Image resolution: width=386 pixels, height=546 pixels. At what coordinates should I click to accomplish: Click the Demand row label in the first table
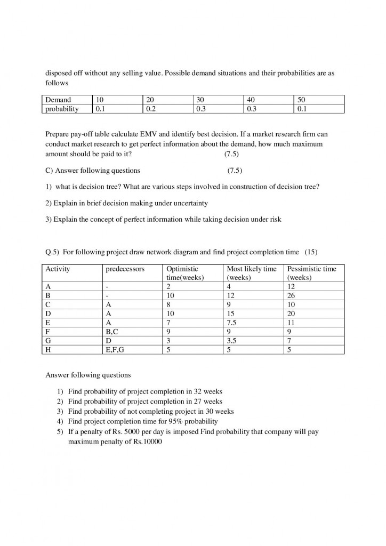[x=58, y=100]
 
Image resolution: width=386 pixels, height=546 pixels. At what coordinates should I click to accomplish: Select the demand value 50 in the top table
[x=302, y=100]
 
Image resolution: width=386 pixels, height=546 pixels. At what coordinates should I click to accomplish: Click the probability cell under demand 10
[x=100, y=109]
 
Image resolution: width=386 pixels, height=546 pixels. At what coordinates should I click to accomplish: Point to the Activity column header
[x=58, y=269]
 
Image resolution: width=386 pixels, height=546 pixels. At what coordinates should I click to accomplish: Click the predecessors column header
[x=125, y=269]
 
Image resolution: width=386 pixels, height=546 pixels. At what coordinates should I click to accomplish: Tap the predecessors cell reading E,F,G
[x=117, y=349]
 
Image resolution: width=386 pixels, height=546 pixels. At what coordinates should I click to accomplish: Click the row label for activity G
[x=49, y=340]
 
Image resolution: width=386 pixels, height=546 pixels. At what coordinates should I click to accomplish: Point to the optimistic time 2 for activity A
[x=169, y=286]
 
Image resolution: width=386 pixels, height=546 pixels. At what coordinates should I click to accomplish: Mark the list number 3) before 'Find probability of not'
[x=61, y=411]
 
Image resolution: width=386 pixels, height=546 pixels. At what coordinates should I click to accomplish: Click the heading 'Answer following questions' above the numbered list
[x=88, y=375]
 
